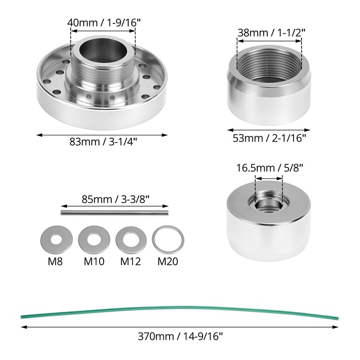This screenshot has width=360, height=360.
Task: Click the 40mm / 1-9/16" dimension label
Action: [104, 23]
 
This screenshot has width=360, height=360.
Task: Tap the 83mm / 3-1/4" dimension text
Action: [103, 142]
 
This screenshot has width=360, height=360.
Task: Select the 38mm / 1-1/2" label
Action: [271, 33]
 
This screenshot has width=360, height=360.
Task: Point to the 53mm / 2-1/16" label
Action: [269, 138]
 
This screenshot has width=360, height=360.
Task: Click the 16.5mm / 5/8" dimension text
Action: [270, 168]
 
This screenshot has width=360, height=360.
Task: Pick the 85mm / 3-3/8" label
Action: [116, 199]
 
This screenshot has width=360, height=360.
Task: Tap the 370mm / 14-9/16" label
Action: [180, 337]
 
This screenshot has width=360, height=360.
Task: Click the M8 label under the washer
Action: [55, 261]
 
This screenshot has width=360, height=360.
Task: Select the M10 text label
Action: [94, 261]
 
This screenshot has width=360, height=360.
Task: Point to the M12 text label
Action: [130, 261]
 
